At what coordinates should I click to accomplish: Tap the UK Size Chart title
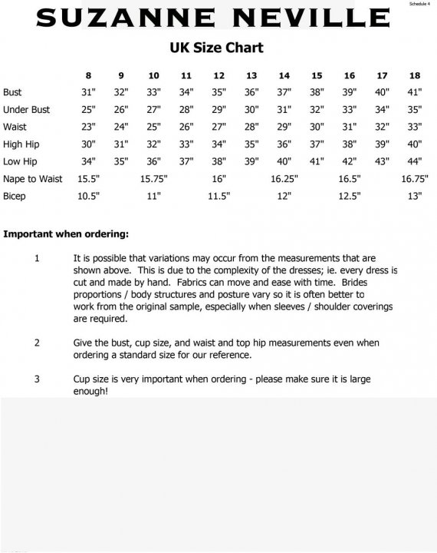point(216,48)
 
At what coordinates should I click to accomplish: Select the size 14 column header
point(284,75)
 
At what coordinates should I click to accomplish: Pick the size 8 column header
point(88,75)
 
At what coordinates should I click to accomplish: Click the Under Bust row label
point(26,110)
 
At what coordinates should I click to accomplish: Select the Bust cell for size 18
point(415,92)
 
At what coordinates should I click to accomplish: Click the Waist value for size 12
point(219,127)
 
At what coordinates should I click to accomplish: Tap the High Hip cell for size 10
point(153,144)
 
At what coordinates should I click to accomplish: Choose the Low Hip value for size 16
point(350,161)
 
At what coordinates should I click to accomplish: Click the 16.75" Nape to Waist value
point(415,178)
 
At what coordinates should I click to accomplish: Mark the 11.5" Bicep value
point(219,196)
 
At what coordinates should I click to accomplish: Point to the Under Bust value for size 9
point(120,110)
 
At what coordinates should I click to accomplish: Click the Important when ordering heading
point(66,233)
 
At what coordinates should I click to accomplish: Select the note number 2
point(37,343)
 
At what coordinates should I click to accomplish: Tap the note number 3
point(37,379)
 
